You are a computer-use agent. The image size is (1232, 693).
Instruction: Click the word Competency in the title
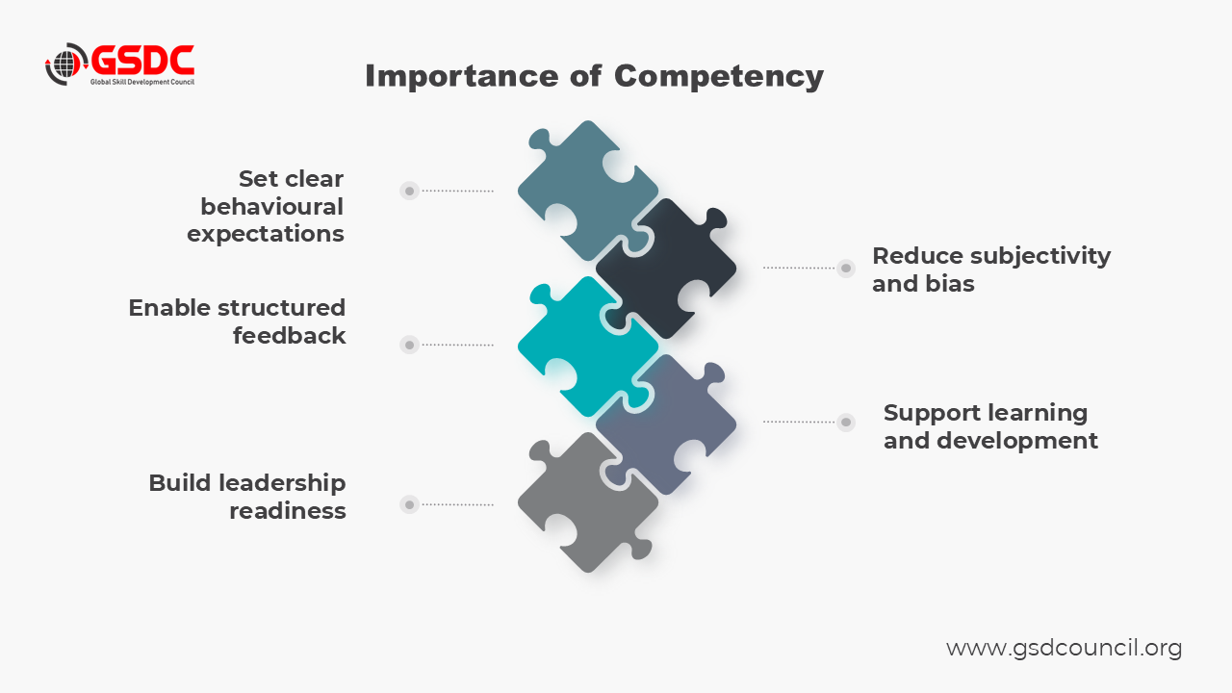(x=718, y=76)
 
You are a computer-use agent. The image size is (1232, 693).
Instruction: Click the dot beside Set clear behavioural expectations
(x=409, y=191)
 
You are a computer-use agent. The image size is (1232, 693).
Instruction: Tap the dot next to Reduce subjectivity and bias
(x=846, y=268)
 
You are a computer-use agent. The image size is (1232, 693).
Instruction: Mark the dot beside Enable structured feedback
(x=409, y=345)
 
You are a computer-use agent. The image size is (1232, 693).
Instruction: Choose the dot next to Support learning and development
(x=846, y=422)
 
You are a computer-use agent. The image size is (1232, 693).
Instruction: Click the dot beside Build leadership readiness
(x=409, y=503)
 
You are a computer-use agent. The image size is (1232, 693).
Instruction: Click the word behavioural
(x=271, y=206)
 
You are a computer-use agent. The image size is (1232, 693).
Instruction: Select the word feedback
(x=289, y=336)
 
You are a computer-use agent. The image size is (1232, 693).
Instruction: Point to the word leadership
(x=281, y=483)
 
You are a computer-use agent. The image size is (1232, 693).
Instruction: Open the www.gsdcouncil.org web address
(x=1064, y=648)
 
